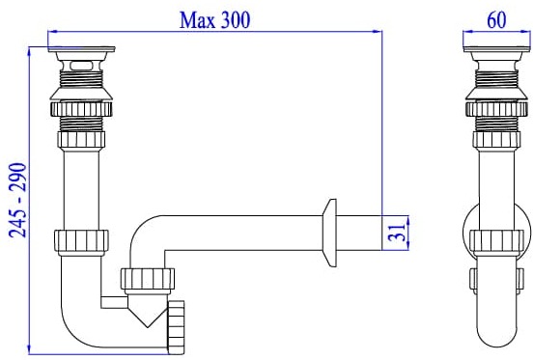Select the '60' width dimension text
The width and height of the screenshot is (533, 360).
(495, 16)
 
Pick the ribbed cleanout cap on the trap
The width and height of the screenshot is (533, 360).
(177, 322)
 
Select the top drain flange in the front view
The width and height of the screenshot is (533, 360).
(84, 48)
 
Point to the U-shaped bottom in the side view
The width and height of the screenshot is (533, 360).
(496, 328)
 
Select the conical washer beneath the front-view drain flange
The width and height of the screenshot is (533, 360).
(84, 95)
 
